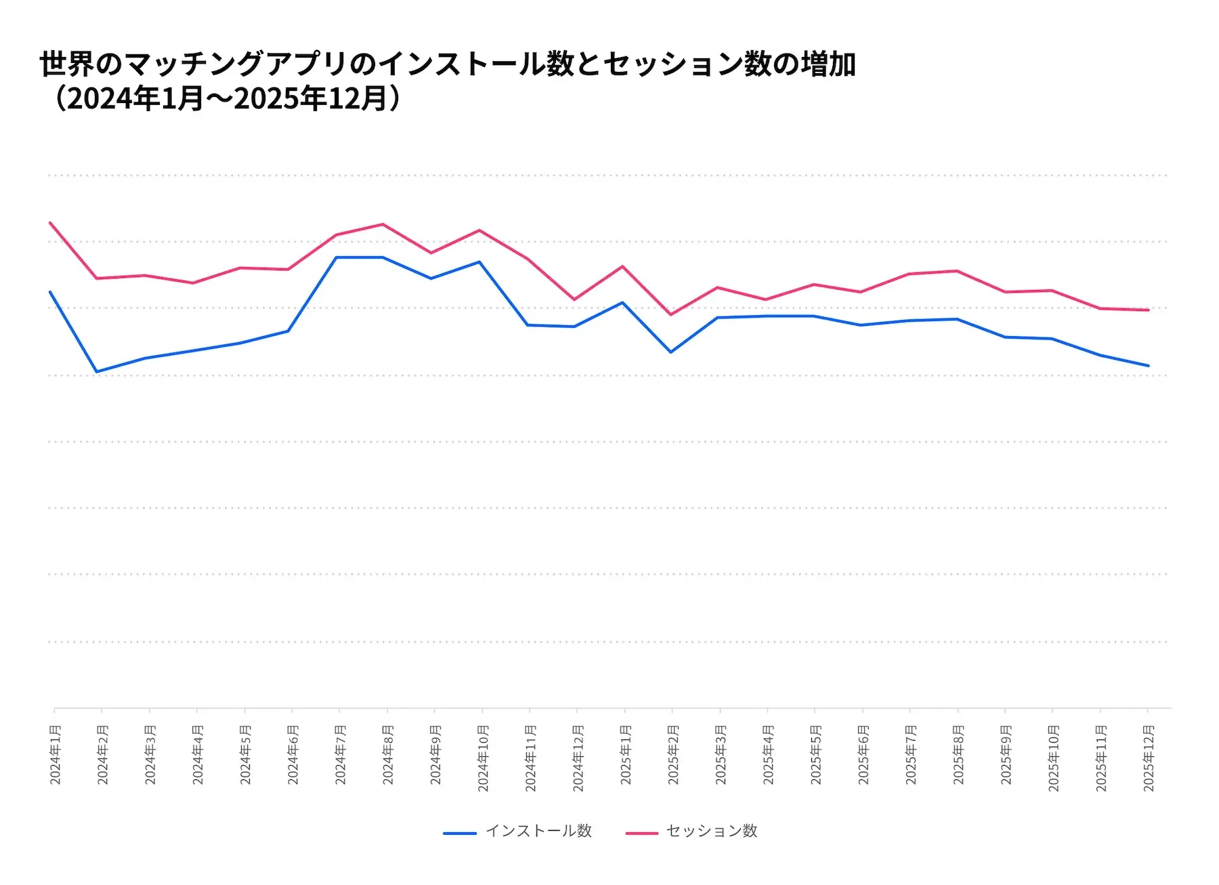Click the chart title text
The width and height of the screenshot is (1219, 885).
point(447,81)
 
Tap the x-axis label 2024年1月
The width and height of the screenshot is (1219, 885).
point(56,755)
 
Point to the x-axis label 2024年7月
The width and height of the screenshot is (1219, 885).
point(341,755)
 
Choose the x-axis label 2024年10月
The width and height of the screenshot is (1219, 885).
point(483,758)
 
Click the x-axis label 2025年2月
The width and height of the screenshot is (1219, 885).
point(673,755)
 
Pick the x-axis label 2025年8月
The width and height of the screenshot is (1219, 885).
point(958,755)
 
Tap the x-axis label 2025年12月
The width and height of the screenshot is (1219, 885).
point(1149,758)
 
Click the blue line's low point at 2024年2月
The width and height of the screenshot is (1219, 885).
point(97,371)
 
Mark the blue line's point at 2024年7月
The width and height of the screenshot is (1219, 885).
point(337,258)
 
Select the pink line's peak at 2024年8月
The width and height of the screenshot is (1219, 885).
point(383,224)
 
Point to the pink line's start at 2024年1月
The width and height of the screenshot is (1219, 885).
point(50,222)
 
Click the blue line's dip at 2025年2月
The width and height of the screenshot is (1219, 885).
point(670,352)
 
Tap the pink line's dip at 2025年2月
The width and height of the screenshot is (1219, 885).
point(670,314)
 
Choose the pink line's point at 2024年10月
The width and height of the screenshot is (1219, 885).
point(479,230)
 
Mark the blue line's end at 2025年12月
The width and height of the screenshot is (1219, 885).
point(1148,365)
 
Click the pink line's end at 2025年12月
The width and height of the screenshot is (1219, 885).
point(1148,310)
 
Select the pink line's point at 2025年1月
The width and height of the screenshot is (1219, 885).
point(622,266)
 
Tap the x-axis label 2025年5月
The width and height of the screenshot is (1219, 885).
point(816,755)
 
